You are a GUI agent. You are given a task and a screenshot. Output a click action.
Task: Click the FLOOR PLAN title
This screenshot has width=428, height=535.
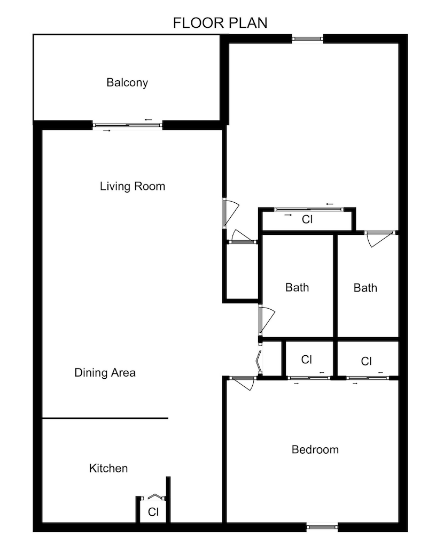[220, 23]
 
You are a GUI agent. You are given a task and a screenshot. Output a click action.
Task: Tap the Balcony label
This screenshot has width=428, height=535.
[127, 83]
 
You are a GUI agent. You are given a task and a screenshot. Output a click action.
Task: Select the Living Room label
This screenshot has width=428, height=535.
[133, 186]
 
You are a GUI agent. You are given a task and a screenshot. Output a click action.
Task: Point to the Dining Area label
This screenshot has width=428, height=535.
[105, 373]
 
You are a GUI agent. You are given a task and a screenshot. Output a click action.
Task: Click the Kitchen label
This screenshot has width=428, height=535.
[108, 469]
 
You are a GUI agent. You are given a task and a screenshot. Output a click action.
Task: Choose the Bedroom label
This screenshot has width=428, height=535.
[315, 449]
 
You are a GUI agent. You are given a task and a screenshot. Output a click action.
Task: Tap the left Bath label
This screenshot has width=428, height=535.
[297, 288]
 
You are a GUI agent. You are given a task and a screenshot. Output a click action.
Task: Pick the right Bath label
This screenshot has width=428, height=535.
[365, 288]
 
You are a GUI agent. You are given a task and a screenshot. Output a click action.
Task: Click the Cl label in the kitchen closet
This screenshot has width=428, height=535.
[153, 512]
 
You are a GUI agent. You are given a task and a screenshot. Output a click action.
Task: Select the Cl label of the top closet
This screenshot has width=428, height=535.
[307, 219]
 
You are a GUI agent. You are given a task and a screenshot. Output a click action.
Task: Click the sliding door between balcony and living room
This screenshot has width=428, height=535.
[128, 125]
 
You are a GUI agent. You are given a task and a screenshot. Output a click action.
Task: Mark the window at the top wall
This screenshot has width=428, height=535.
[308, 39]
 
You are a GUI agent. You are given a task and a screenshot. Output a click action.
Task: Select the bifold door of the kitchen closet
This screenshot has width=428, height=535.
[155, 496]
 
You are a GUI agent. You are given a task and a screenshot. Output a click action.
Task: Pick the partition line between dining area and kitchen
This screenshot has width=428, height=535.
[105, 418]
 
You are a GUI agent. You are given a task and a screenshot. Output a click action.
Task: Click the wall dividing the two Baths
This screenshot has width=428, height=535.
[336, 286]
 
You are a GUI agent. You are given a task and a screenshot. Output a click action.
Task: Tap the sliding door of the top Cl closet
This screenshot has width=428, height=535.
[307, 209]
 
